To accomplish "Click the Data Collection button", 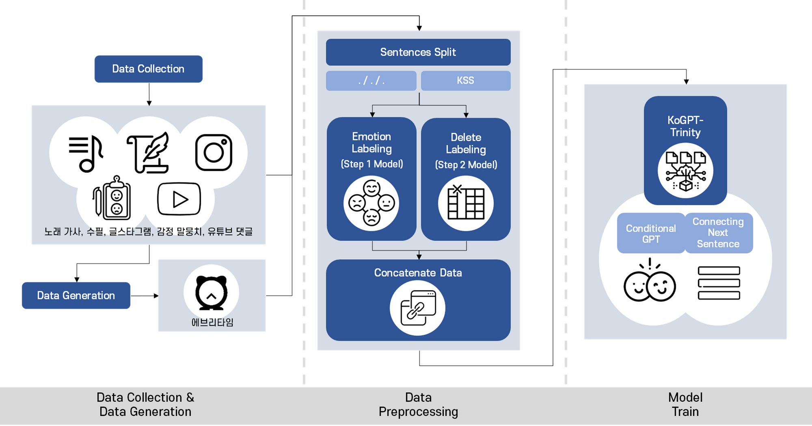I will pyautogui.click(x=148, y=69).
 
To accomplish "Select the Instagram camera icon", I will pyautogui.click(x=214, y=152).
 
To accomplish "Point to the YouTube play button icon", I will pyautogui.click(x=179, y=199).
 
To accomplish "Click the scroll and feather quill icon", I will pyautogui.click(x=148, y=152).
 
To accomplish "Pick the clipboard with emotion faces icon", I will pyautogui.click(x=112, y=198).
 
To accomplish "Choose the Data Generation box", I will pyautogui.click(x=76, y=295).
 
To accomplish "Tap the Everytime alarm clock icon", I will pyautogui.click(x=211, y=292).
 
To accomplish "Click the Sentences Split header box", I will pyautogui.click(x=418, y=52).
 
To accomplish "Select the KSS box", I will pyautogui.click(x=466, y=81).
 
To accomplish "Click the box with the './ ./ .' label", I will pyautogui.click(x=371, y=81).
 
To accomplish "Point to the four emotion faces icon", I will pyautogui.click(x=371, y=203).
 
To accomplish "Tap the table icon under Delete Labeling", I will pyautogui.click(x=466, y=203).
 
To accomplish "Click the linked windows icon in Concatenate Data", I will pyautogui.click(x=418, y=308).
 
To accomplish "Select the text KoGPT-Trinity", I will pyautogui.click(x=685, y=126).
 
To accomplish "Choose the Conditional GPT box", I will pyautogui.click(x=651, y=233).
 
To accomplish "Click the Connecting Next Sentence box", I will pyautogui.click(x=718, y=233).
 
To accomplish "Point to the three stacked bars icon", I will pyautogui.click(x=719, y=283).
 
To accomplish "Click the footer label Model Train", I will pyautogui.click(x=685, y=405).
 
